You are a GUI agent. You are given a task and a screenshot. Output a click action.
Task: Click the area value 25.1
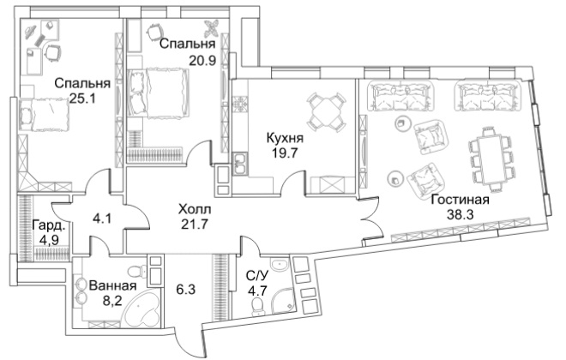[x=81, y=98]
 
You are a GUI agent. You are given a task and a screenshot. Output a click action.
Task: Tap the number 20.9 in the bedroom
[x=203, y=60]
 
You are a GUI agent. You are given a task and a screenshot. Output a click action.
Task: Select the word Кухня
[x=285, y=137]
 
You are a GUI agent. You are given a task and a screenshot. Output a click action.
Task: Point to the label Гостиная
[x=461, y=200]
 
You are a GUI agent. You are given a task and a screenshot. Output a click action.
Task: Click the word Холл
[x=195, y=209]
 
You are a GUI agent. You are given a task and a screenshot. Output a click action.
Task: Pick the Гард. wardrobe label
[x=49, y=226]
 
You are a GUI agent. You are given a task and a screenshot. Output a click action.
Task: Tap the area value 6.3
[x=185, y=289]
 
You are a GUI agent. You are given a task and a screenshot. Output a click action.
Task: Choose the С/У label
[x=257, y=276]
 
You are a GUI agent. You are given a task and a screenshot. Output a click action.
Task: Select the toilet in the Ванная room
[x=138, y=270]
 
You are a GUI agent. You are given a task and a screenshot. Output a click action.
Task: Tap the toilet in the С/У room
[x=258, y=305]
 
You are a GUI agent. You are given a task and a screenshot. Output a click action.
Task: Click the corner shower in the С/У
[x=280, y=300]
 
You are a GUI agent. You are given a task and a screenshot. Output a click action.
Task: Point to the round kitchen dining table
[x=326, y=111]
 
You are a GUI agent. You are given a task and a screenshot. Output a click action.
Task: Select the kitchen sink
[x=239, y=163]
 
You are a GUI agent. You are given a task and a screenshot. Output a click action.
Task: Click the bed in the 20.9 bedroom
[x=158, y=93]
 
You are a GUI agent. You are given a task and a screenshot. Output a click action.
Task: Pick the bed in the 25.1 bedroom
[x=44, y=115]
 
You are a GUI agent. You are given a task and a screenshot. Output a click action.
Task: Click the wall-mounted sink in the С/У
[x=280, y=264]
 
